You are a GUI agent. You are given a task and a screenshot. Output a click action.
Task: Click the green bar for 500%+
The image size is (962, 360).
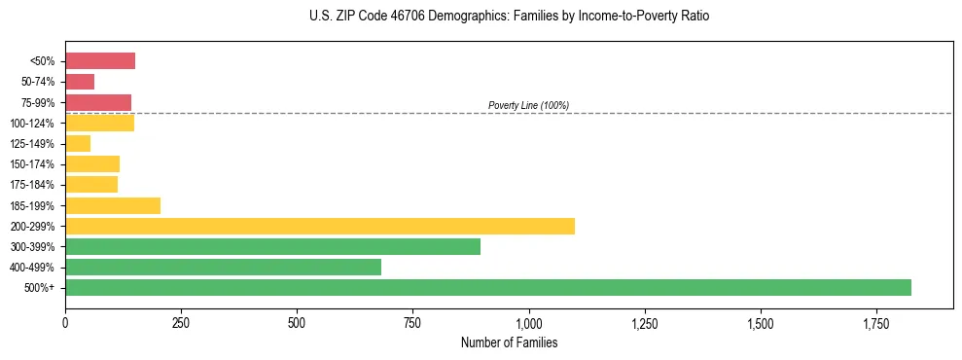point(487,287)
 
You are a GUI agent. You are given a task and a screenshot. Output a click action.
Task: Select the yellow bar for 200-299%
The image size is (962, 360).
point(320,226)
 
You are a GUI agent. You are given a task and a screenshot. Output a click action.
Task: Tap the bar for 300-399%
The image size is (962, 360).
point(272,246)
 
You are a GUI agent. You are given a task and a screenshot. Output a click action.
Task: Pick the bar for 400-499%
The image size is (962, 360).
point(223,267)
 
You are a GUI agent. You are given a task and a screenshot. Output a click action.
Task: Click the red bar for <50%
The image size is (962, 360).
point(100,61)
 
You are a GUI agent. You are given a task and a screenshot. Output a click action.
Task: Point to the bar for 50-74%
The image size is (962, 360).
point(80,82)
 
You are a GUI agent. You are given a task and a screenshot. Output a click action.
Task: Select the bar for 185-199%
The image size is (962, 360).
point(113,205)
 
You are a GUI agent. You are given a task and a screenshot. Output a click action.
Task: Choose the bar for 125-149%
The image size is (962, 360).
point(78,144)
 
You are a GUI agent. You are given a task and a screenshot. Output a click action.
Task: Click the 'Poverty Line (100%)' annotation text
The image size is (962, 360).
point(528,105)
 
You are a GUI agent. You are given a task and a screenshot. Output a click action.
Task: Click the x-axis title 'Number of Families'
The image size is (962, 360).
point(509,342)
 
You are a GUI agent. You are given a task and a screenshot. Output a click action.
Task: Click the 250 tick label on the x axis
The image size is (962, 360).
point(181,322)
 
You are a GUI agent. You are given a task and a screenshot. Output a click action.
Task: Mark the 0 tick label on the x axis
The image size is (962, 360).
point(65,322)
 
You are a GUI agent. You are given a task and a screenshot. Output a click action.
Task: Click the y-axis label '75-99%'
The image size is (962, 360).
point(38,103)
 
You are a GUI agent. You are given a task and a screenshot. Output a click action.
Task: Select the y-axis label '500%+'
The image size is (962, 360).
point(41,288)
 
